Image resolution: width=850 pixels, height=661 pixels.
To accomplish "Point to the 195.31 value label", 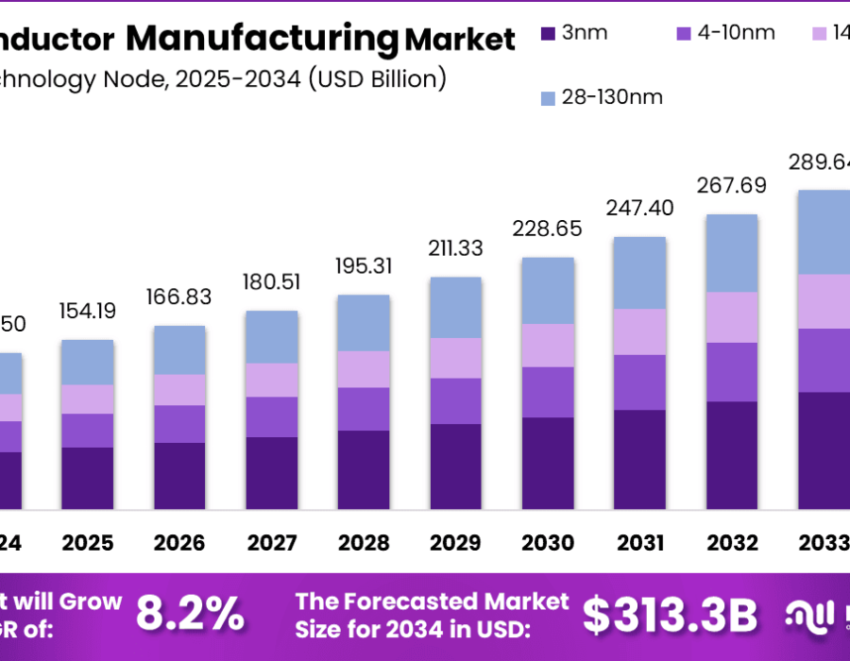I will click(x=364, y=266).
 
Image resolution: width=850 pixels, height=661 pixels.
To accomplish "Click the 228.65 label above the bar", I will click(x=548, y=229).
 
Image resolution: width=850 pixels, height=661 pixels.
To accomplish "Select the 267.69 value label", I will click(x=732, y=185).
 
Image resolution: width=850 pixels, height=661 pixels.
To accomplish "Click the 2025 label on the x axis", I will click(x=87, y=543).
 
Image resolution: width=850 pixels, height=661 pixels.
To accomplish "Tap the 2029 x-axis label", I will click(x=455, y=543).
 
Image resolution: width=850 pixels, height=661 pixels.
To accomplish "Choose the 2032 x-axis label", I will click(x=732, y=543).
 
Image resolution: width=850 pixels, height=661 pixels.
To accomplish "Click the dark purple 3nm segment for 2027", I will click(x=272, y=472).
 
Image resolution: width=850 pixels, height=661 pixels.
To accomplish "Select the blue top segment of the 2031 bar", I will click(x=640, y=272).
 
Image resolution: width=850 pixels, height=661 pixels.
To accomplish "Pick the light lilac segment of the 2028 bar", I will click(x=364, y=369).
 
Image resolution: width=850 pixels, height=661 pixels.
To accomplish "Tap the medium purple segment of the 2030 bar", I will click(x=548, y=392).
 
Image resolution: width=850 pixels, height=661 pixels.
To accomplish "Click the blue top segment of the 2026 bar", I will click(x=179, y=349).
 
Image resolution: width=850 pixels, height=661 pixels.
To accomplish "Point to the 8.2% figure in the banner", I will click(x=190, y=615).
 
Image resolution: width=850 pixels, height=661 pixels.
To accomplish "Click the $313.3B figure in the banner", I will click(x=670, y=615).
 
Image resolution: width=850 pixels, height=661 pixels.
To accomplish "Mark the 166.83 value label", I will click(x=179, y=297).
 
